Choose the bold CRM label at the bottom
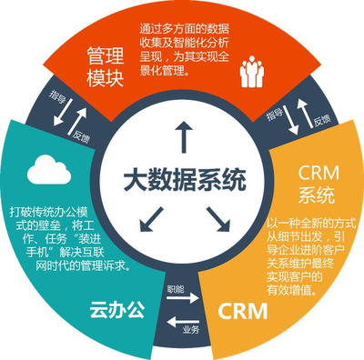244,314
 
